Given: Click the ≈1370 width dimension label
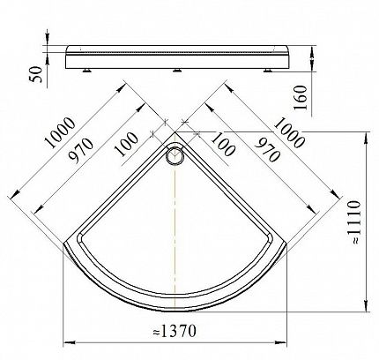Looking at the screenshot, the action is [175, 331].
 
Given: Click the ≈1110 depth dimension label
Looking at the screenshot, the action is [353, 222].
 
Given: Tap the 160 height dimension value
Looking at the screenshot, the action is [301, 98].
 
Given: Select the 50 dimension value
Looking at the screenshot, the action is [36, 74].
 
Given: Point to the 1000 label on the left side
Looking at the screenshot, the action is [61, 132].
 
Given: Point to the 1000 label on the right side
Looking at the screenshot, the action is [289, 132].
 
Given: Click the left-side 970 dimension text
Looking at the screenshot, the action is [80, 151].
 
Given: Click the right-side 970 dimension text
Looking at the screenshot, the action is [267, 151].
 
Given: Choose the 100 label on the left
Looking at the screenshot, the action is [126, 144].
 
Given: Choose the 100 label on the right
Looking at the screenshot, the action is [223, 144].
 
